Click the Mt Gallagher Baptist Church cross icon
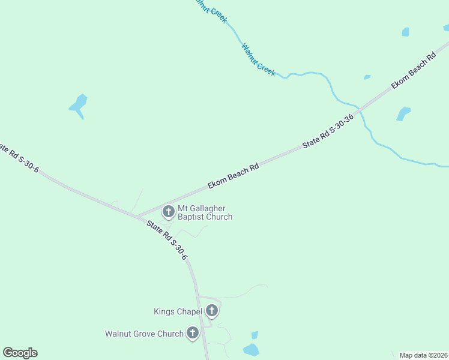tap(169, 211)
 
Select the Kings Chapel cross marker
tap(211, 311)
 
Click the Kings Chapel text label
tap(178, 311)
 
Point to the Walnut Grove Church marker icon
tap(193, 333)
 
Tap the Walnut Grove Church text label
tap(144, 334)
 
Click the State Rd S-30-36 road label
tap(328, 131)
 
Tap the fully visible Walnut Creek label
tap(259, 59)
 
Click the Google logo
tap(20, 353)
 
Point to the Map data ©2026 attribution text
tap(424, 355)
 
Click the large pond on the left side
tap(79, 104)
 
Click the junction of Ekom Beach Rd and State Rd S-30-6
tap(136, 216)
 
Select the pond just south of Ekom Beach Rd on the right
tap(403, 113)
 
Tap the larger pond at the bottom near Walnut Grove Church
tap(251, 349)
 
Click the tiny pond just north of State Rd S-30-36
tap(367, 77)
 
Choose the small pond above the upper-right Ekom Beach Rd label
tap(405, 32)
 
